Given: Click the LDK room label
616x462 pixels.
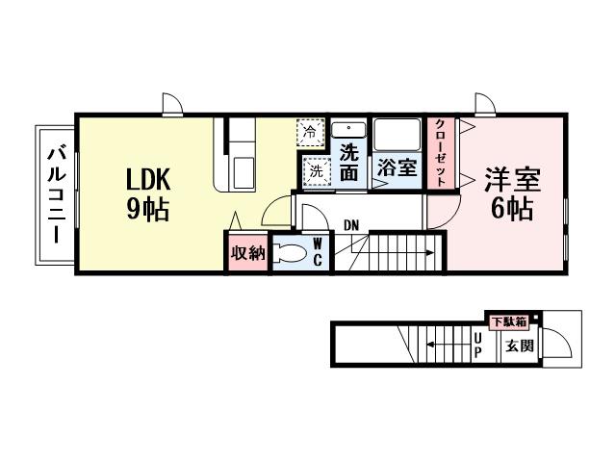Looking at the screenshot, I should [x=149, y=179].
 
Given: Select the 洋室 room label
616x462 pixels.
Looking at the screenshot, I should [x=512, y=179].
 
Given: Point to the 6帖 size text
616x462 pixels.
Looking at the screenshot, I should [x=512, y=208].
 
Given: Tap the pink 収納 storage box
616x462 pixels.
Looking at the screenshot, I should [x=246, y=253].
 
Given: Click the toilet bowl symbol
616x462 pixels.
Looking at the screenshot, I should [x=291, y=254].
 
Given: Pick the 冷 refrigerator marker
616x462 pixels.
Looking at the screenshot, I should [x=310, y=131].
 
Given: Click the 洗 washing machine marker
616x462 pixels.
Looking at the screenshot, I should [x=315, y=171].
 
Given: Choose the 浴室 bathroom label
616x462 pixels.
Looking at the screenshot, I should [x=397, y=166].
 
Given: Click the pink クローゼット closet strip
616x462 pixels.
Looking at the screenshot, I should [x=440, y=153].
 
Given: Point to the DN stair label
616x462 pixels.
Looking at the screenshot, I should [x=351, y=225].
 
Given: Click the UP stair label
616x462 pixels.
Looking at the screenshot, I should [x=477, y=345].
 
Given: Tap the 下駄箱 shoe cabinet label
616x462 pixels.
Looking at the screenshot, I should [x=508, y=321].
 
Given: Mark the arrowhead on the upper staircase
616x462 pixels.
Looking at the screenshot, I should [x=430, y=254].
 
